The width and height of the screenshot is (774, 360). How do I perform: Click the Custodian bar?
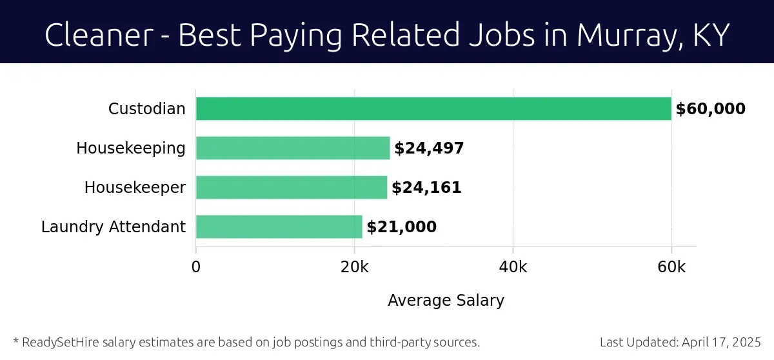[x=433, y=109]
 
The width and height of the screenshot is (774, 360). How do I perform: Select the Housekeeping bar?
[x=293, y=148]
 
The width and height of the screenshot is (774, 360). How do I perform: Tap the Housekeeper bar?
[x=292, y=188]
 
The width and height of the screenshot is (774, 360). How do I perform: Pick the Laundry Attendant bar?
[x=279, y=227]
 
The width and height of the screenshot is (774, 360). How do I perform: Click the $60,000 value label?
[x=710, y=109]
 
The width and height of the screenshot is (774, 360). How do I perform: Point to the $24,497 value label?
[x=429, y=148]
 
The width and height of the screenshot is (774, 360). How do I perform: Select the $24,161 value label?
[x=426, y=188]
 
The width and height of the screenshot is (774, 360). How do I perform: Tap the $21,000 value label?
[x=401, y=227]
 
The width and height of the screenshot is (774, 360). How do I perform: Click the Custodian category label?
[x=146, y=109]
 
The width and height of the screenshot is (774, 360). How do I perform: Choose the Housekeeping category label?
[x=131, y=148]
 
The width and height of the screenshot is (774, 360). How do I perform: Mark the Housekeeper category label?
[x=135, y=188]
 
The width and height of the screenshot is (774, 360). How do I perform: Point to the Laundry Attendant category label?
[x=114, y=227]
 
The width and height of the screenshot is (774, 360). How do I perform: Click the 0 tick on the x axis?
[x=196, y=267]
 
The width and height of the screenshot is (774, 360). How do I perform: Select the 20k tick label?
[x=354, y=267]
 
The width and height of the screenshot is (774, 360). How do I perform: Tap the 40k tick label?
[x=513, y=267]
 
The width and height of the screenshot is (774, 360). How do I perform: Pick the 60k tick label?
[x=671, y=267]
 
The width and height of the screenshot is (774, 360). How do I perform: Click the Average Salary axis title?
[x=446, y=301]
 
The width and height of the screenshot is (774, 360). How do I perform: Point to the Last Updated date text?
[x=680, y=342]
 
